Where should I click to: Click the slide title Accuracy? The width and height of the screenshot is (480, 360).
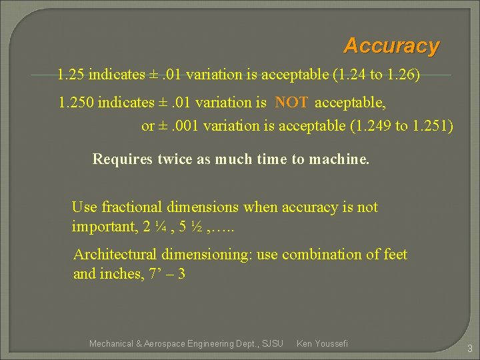pos(391,46)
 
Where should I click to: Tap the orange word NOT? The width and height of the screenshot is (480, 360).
pos(291,103)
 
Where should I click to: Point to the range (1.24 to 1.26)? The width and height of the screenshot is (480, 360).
pos(376,74)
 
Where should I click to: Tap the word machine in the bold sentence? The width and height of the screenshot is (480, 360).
pos(338,159)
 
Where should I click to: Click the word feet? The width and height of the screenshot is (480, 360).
pos(393,255)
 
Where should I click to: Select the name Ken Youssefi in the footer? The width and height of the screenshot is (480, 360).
pos(322,343)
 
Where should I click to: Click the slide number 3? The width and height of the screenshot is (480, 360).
pos(469,348)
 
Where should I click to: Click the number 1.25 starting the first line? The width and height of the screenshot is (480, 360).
pos(71,74)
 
